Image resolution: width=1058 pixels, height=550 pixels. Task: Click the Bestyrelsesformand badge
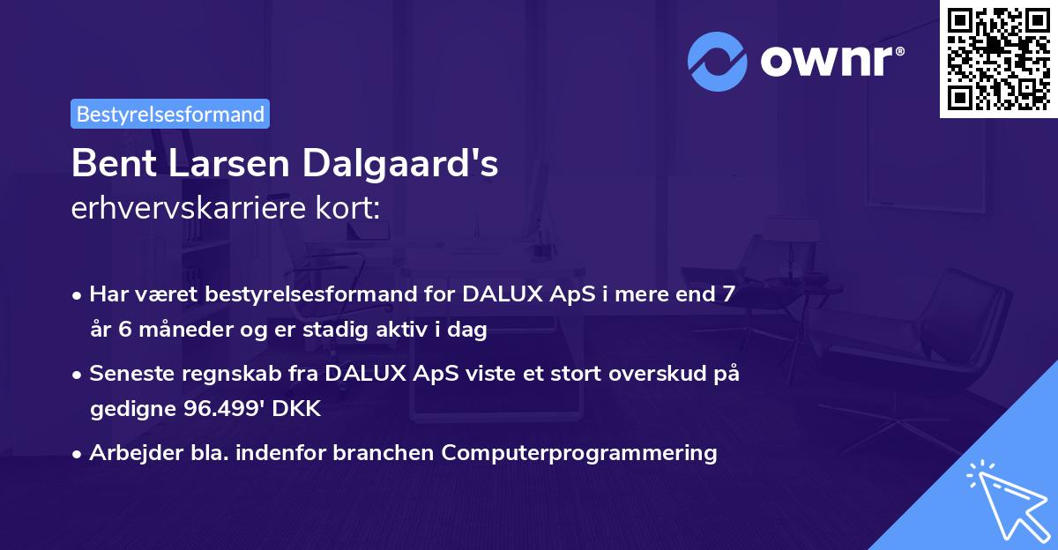[170, 114]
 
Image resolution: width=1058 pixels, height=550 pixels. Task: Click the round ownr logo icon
[717, 61]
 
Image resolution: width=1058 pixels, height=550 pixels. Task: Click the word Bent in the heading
[108, 163]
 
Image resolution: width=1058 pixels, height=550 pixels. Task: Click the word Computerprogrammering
[579, 453]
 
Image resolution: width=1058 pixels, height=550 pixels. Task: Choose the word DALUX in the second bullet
[365, 374]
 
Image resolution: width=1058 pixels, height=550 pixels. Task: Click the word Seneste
[129, 374]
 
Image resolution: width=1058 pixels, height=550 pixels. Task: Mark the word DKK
[300, 409]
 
